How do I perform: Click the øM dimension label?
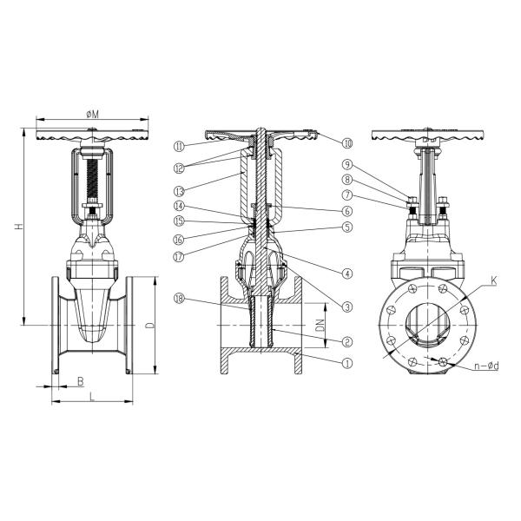pyautogui.click(x=92, y=115)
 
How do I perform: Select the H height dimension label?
pyautogui.click(x=19, y=227)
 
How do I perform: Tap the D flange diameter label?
pyautogui.click(x=150, y=325)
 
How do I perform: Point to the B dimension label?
pyautogui.click(x=81, y=381)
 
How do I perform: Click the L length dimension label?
pyautogui.click(x=92, y=397)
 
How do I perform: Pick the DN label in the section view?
pyautogui.click(x=320, y=325)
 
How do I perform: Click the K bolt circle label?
pyautogui.click(x=494, y=280)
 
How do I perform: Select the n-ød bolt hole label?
pyautogui.click(x=487, y=366)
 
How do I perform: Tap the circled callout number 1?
pyautogui.click(x=346, y=363)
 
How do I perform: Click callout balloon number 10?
pyautogui.click(x=347, y=143)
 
